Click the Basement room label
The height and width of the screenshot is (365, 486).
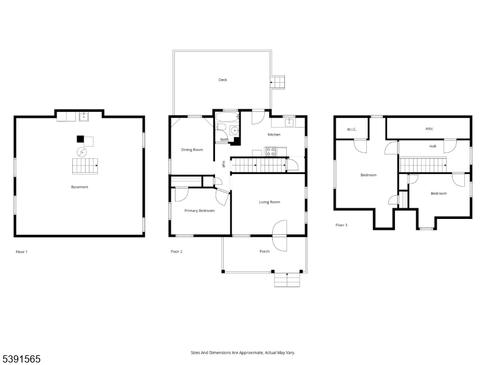[80, 187]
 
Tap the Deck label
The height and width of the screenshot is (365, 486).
[223, 80]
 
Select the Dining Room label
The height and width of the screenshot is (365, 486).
[192, 150]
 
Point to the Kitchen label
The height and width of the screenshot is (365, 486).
[274, 134]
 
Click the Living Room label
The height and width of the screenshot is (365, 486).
[269, 202]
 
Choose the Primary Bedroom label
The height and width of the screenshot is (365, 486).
[199, 210]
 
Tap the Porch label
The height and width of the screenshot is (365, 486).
[264, 251]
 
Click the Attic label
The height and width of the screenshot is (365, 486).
[429, 129]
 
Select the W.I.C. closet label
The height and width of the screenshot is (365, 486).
[351, 130]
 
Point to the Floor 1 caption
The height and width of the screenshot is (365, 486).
[21, 251]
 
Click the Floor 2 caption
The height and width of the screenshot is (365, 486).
[177, 251]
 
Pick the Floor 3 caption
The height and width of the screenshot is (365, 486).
[342, 225]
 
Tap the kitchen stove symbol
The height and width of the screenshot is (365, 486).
[270, 152]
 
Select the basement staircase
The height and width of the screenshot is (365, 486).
[85, 165]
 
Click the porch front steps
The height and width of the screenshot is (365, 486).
[289, 280]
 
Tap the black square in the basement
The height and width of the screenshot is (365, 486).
[80, 138]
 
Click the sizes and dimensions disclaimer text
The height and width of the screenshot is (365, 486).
[243, 352]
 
